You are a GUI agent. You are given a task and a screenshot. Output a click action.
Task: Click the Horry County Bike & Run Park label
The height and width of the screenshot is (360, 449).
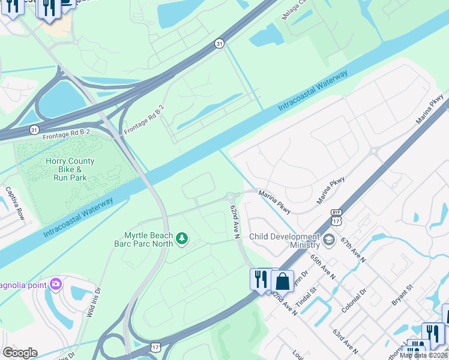click(x=70, y=170)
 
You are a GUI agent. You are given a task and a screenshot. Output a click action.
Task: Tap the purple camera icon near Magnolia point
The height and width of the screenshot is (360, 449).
click(x=56, y=283)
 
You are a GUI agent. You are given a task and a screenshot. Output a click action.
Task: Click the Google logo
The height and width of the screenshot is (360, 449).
click(x=20, y=353)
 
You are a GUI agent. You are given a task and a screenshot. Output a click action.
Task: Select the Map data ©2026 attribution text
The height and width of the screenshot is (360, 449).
click(x=424, y=355)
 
